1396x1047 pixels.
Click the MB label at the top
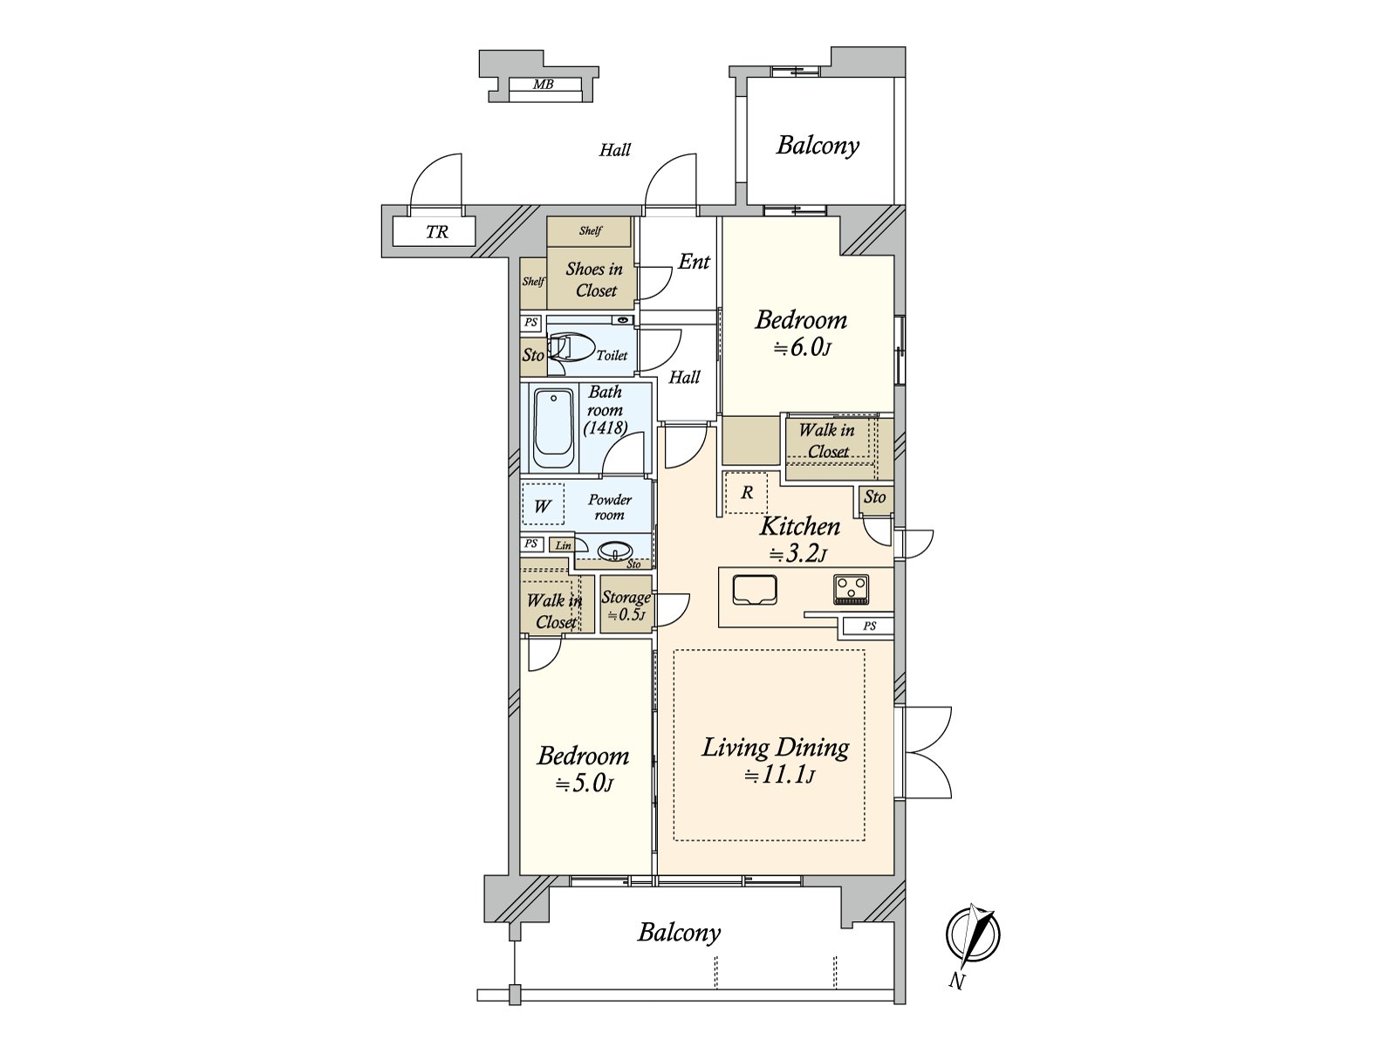543,85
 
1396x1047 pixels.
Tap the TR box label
436,232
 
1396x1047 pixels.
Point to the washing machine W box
542,506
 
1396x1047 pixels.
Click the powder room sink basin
617,551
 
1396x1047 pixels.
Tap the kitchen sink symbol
755,590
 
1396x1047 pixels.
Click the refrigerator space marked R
747,493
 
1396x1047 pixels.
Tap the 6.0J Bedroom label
801,332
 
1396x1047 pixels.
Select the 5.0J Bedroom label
583,768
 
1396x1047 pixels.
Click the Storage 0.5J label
626,606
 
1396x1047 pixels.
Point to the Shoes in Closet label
594,279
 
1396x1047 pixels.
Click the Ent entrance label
695,262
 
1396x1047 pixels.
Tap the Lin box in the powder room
564,545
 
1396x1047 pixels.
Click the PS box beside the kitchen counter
869,626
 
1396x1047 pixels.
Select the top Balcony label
818,145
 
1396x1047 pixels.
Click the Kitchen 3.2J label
800,538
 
